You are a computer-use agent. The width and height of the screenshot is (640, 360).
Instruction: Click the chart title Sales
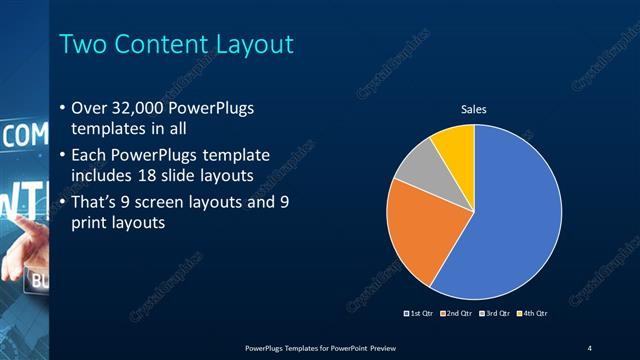473,109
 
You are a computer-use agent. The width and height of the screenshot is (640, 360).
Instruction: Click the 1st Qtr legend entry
419,314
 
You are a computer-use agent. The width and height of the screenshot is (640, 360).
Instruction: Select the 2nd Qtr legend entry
457,314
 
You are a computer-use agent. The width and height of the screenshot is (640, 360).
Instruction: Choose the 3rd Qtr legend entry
495,314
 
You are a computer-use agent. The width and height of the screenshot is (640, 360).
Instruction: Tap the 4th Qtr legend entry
532,314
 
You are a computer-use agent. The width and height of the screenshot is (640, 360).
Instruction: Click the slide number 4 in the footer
590,347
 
